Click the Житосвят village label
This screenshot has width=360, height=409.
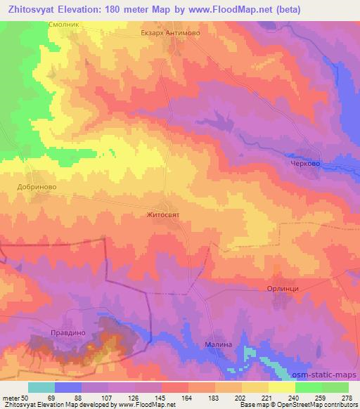pyautogui.click(x=163, y=216)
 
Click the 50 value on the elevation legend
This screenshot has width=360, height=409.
pyautogui.click(x=25, y=398)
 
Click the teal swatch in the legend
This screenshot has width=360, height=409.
pyautogui.click(x=41, y=387)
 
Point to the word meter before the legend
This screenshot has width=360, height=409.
pyautogui.click(x=11, y=398)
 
